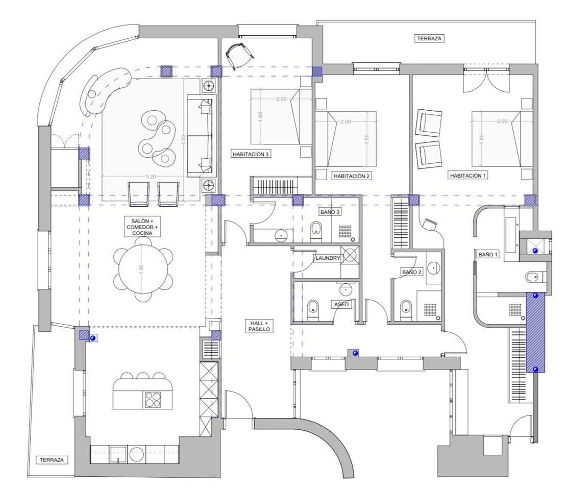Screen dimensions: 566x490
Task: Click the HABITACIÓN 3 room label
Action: pyautogui.click(x=251, y=154)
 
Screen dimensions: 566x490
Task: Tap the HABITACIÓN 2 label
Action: pyautogui.click(x=352, y=176)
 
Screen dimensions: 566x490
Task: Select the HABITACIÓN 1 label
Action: pyautogui.click(x=468, y=176)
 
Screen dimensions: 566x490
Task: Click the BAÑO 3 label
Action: pyautogui.click(x=330, y=212)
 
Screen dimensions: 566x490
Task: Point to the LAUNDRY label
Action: pyautogui.click(x=328, y=258)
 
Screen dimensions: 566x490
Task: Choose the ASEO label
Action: pyautogui.click(x=341, y=304)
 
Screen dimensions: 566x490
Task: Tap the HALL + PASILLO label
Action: pyautogui.click(x=259, y=326)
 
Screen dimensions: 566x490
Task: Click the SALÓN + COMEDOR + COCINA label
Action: pyautogui.click(x=142, y=227)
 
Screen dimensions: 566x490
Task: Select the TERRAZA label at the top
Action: pyautogui.click(x=429, y=38)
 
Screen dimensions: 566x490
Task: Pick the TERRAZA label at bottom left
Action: pyautogui.click(x=52, y=460)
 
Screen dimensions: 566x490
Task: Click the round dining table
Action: pyautogui.click(x=143, y=268)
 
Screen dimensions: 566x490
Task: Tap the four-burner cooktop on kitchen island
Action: pyautogui.click(x=153, y=400)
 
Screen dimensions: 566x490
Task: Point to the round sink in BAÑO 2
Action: pyautogui.click(x=433, y=267)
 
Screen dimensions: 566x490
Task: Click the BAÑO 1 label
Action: pyautogui.click(x=488, y=255)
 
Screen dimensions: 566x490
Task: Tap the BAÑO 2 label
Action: pyautogui.click(x=411, y=272)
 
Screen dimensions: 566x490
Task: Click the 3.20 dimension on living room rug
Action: pyautogui.click(x=151, y=177)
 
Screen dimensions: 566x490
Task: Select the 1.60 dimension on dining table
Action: pyautogui.click(x=141, y=268)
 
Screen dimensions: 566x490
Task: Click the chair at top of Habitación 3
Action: pyautogui.click(x=239, y=55)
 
